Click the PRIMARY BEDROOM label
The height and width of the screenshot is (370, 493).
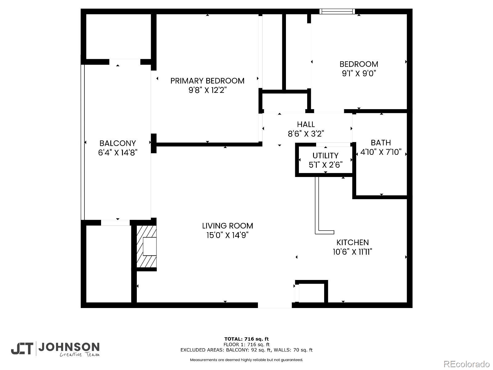pos(207,81)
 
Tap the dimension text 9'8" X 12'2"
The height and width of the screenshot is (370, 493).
pos(207,90)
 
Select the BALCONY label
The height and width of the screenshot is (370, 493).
pos(118,143)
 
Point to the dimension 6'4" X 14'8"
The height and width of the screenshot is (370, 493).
pos(118,153)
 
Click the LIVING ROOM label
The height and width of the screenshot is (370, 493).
pos(227,226)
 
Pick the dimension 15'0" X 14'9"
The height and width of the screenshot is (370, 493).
pos(227,235)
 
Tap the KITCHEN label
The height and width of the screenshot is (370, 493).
pos(352,242)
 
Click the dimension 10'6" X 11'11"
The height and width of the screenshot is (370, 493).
pos(352,252)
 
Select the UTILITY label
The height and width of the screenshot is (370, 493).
pos(325,155)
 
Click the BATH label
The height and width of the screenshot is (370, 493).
pos(381,142)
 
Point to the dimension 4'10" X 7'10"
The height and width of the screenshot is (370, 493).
pos(381,152)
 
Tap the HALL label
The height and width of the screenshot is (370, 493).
pos(306,124)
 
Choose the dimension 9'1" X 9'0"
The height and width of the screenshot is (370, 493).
pos(359,74)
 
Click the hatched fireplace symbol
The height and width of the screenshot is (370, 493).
pos(146,246)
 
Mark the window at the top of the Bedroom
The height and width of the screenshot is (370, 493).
pos(337,11)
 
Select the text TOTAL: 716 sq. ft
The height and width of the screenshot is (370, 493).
pos(246,339)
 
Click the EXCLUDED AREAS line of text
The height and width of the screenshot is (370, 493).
pos(246,350)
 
